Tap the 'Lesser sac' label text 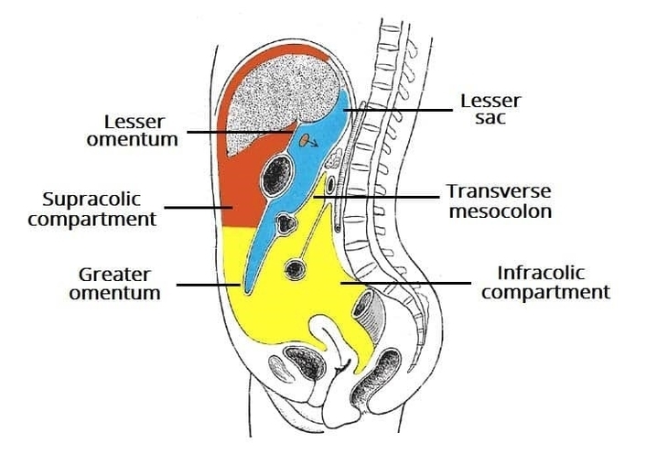[490, 109]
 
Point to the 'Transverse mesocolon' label [499, 201]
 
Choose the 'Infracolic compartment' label [545, 283]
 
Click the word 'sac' [490, 119]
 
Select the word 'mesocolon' [500, 211]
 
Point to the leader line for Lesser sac [398, 111]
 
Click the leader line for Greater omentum [209, 285]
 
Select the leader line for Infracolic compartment [407, 285]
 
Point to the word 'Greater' [114, 274]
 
